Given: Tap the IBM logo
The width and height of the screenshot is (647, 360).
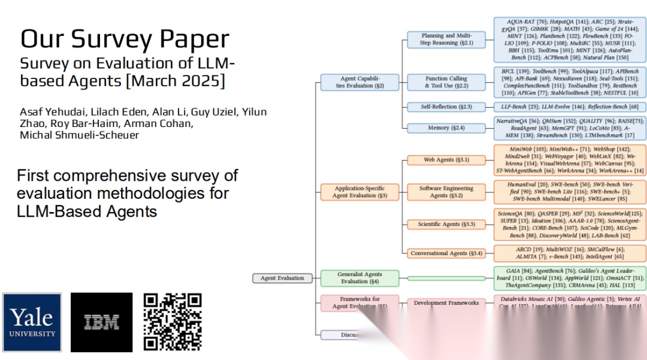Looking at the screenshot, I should [101, 322].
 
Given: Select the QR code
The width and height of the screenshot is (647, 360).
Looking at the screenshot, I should [173, 322].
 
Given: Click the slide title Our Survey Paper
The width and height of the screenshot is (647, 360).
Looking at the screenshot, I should [125, 39].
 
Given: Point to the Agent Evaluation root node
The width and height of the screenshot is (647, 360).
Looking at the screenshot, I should [282, 278].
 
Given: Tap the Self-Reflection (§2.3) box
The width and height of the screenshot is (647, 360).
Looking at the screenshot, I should [446, 107].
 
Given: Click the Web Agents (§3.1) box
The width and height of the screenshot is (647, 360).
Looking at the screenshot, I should [446, 160].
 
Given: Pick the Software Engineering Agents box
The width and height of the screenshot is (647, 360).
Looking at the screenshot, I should [446, 192].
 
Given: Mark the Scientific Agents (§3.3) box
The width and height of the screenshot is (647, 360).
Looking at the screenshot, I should [446, 224].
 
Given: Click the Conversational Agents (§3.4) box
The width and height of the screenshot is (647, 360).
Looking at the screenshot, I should [446, 253].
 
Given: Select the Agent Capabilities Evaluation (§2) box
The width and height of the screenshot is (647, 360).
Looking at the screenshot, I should [359, 82].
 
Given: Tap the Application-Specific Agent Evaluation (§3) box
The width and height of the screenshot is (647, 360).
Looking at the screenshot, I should [359, 192].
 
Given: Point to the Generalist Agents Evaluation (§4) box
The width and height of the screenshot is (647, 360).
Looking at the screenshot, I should [359, 278].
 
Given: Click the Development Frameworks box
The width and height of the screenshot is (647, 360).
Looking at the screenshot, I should [446, 303].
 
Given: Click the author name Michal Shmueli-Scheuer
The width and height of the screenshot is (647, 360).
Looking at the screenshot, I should [80, 135].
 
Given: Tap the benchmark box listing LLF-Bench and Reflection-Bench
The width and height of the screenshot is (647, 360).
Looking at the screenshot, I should [570, 107].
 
